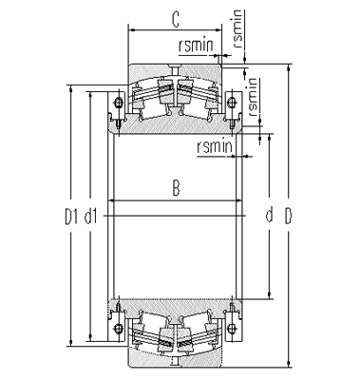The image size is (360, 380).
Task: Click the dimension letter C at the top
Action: (x=175, y=18)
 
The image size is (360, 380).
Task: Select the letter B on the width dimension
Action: (x=175, y=189)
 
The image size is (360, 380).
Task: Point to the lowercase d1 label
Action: (x=92, y=217)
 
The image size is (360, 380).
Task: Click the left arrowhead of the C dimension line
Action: (x=130, y=29)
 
